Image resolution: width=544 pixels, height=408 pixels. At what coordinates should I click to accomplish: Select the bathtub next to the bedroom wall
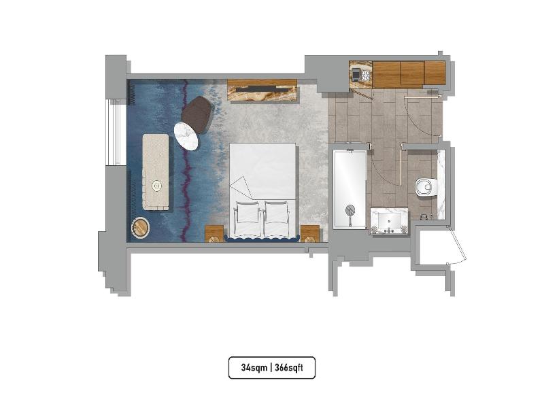click(x=350, y=189)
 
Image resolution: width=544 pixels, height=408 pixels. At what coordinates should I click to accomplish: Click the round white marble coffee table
click(x=186, y=137)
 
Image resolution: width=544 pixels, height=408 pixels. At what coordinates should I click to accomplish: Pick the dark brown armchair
click(x=197, y=114)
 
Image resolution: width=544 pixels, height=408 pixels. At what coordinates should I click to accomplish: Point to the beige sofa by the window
click(x=156, y=172)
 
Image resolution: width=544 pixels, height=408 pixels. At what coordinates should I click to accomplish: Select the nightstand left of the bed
click(x=214, y=233)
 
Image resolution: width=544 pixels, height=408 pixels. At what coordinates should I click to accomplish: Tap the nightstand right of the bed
click(x=310, y=233)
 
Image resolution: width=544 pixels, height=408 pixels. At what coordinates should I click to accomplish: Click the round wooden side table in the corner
click(x=141, y=227)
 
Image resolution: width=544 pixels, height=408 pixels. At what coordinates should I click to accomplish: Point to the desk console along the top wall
click(x=262, y=91)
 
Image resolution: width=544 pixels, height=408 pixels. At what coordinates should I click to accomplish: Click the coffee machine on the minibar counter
click(x=356, y=73)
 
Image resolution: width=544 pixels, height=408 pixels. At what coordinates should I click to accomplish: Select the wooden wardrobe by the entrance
click(x=409, y=73)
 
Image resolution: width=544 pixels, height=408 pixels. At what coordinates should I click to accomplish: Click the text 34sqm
click(x=254, y=367)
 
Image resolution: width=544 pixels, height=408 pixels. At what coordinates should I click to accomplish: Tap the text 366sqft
click(x=289, y=367)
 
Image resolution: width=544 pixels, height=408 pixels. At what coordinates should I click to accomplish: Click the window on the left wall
click(x=116, y=132)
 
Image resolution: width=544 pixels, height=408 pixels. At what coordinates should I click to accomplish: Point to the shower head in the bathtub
click(x=350, y=211)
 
